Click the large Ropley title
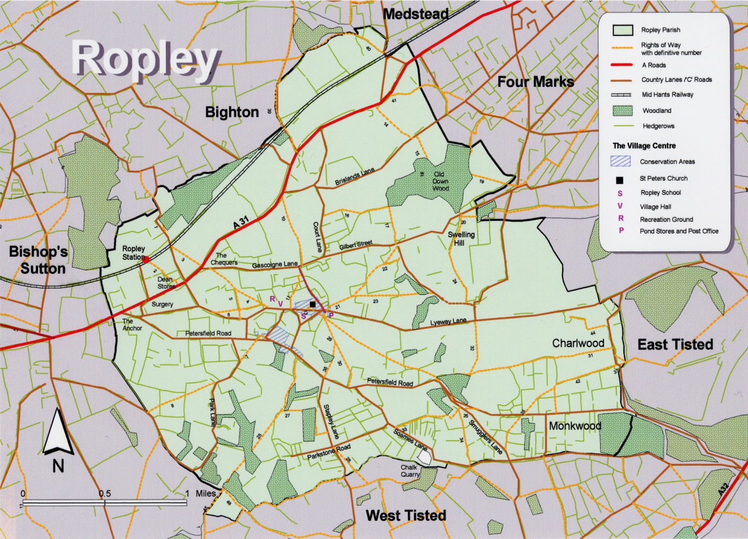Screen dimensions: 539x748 (x=146, y=59)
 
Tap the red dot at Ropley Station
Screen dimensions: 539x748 (x=146, y=259)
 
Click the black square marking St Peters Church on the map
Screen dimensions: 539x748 (x=313, y=304)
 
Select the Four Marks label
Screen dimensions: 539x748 (x=536, y=82)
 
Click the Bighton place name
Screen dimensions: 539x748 (x=232, y=112)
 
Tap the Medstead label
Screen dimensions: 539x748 (x=416, y=14)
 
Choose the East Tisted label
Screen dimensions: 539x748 (x=675, y=345)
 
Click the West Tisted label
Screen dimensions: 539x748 (x=406, y=516)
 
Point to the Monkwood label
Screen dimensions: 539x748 (x=575, y=426)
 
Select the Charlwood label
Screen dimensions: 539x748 (x=578, y=343)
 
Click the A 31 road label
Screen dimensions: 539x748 (x=241, y=222)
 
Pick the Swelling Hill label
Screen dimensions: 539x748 (x=461, y=239)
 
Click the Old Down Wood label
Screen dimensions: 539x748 (x=440, y=181)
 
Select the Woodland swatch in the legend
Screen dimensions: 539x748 (x=622, y=111)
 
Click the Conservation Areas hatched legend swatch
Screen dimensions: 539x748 (x=620, y=161)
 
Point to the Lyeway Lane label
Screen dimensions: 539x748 (x=448, y=322)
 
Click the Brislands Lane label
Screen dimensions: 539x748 (x=354, y=176)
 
